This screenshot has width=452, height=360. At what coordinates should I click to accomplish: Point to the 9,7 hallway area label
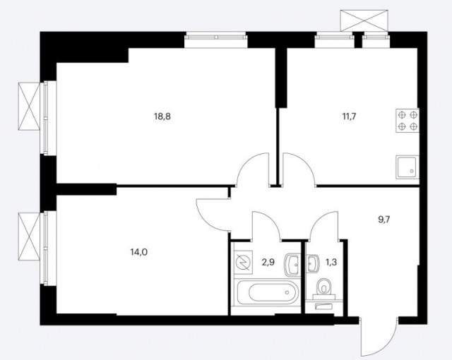point(384,220)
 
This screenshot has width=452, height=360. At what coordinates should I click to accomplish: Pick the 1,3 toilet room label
point(331,263)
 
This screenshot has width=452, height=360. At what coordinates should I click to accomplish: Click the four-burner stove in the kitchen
point(408,121)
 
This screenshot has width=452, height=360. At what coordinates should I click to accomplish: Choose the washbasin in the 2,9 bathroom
point(292,265)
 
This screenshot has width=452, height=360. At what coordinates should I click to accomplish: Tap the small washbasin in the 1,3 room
point(311,263)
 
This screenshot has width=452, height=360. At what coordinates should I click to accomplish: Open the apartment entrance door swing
point(374,338)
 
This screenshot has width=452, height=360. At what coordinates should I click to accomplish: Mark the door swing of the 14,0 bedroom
point(214,211)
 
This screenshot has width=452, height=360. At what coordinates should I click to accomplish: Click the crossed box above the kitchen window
point(364,20)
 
